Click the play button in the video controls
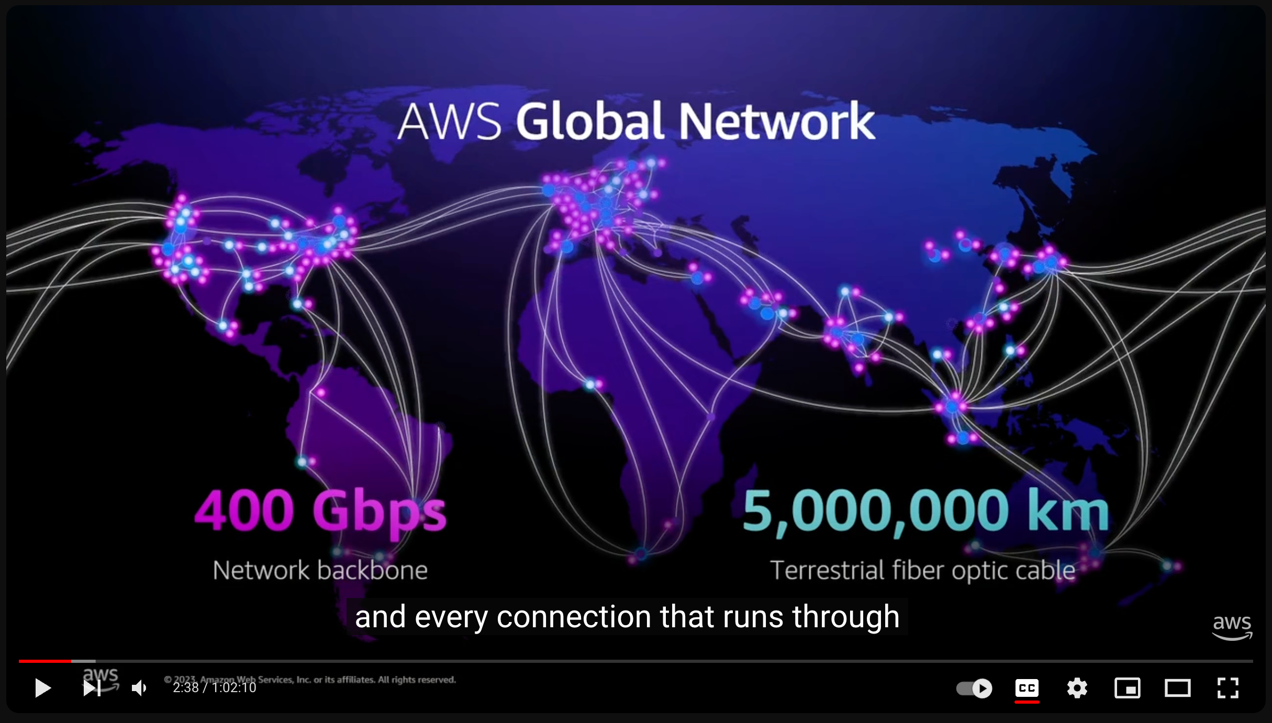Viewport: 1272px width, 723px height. (42, 687)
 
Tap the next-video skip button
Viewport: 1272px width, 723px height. (92, 687)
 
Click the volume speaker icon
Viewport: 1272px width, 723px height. (139, 688)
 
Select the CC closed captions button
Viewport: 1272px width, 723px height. (1026, 687)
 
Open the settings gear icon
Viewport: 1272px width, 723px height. (1077, 687)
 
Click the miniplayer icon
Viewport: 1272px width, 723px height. (1127, 687)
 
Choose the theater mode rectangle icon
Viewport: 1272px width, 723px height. (1177, 687)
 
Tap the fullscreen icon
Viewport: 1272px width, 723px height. (1228, 687)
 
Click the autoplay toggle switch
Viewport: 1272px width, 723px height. (974, 688)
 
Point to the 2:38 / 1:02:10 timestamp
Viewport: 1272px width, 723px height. (215, 687)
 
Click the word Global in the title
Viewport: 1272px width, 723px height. (590, 121)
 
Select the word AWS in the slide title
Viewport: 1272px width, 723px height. (450, 121)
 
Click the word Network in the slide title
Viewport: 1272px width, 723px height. (777, 121)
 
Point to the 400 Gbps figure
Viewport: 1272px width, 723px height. (320, 511)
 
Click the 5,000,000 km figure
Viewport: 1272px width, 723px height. (925, 511)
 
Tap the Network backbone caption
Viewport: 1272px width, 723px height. (320, 570)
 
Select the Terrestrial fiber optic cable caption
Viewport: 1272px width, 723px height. (922, 570)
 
